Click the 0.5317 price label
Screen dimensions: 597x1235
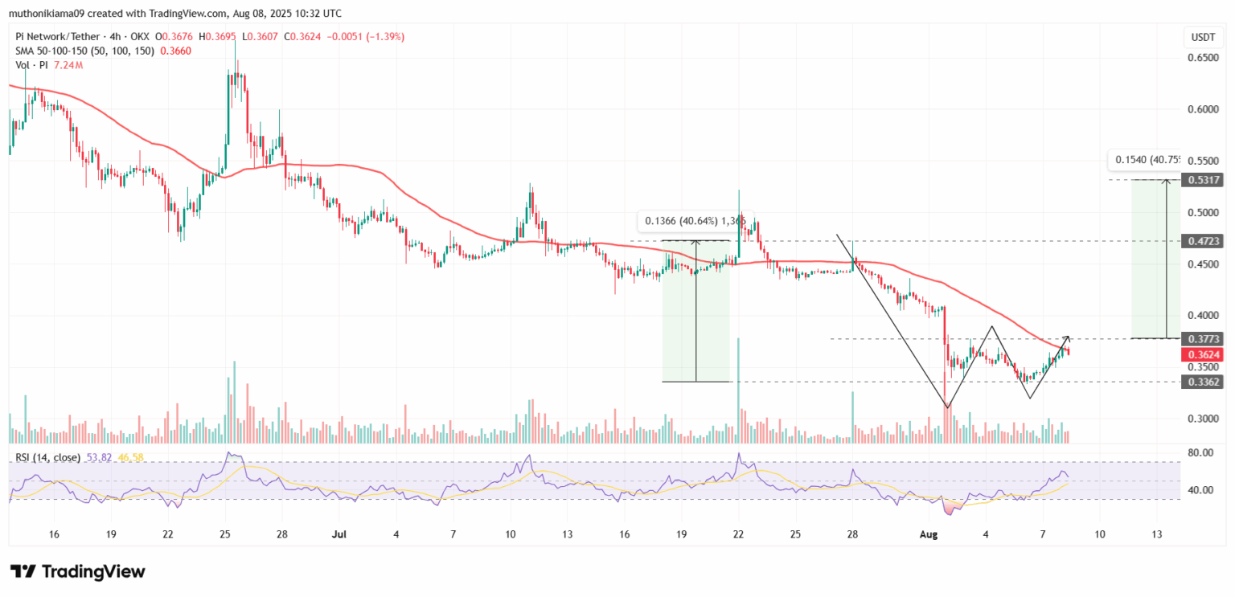[x=1204, y=180]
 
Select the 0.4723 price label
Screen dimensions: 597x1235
[x=1204, y=241]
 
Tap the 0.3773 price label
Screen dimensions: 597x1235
[x=1204, y=339]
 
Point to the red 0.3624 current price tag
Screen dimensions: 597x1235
[x=1204, y=354]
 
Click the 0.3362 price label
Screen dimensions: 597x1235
[x=1204, y=382]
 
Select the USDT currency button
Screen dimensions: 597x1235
[x=1203, y=37]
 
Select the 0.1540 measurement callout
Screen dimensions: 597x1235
[x=1147, y=160]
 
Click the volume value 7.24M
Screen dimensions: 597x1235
[x=66, y=65]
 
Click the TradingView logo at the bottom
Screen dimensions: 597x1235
[x=78, y=572]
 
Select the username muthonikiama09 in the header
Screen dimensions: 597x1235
[x=47, y=14]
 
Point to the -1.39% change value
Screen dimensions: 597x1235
[x=387, y=37]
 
